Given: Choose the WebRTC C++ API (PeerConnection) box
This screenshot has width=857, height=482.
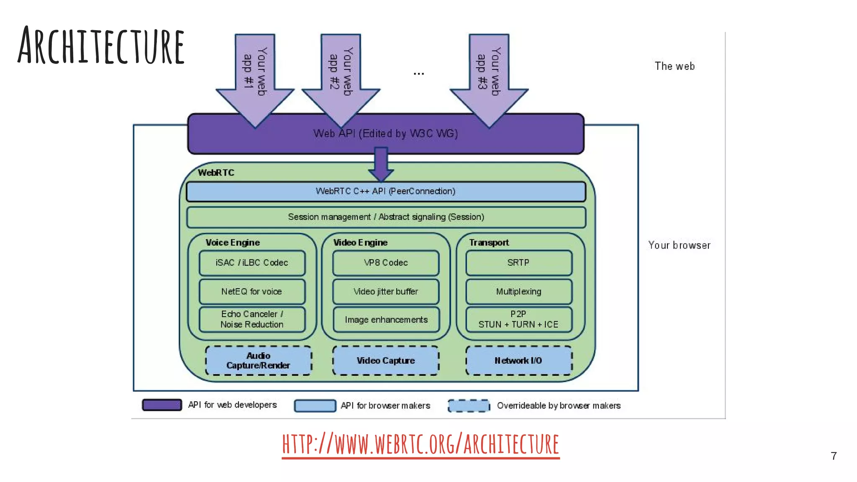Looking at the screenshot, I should click(x=385, y=192).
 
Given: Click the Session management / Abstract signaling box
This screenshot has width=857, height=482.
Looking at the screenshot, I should click(x=385, y=217).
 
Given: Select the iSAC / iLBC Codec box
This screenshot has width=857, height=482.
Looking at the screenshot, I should click(x=252, y=263).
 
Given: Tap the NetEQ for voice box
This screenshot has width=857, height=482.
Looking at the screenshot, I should click(x=252, y=292).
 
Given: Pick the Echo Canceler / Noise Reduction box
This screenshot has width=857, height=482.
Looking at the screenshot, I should click(x=252, y=319).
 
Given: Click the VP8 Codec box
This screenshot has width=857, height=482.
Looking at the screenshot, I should click(x=385, y=263).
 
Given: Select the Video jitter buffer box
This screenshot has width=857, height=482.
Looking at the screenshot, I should click(x=385, y=292).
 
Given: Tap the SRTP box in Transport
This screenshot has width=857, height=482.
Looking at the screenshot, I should click(x=518, y=263).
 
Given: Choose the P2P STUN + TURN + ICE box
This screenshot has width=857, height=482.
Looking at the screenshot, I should click(x=518, y=319).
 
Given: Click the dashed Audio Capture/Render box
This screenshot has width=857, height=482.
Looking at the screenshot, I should click(x=258, y=361).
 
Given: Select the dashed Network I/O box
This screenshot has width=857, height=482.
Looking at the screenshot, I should click(x=518, y=361).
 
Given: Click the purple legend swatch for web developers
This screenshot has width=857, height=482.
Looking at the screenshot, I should click(x=162, y=405).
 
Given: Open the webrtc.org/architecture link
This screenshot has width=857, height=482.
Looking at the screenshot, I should click(x=421, y=444).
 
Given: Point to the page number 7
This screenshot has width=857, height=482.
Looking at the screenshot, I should click(x=834, y=456).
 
